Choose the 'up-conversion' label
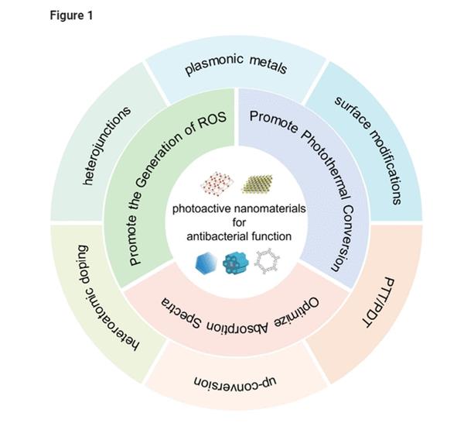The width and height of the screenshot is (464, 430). tap(235, 384)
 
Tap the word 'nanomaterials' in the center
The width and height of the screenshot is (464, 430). tap(263, 209)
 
